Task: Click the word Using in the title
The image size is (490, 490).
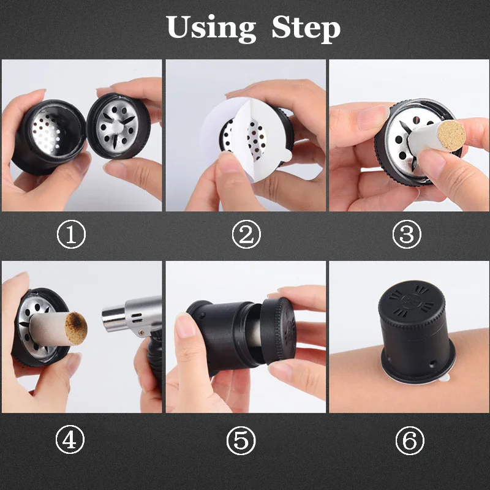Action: (x=211, y=28)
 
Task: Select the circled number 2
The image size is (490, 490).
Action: (x=245, y=236)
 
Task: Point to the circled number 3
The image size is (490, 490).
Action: (x=409, y=236)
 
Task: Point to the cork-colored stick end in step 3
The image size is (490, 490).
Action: (x=451, y=136)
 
